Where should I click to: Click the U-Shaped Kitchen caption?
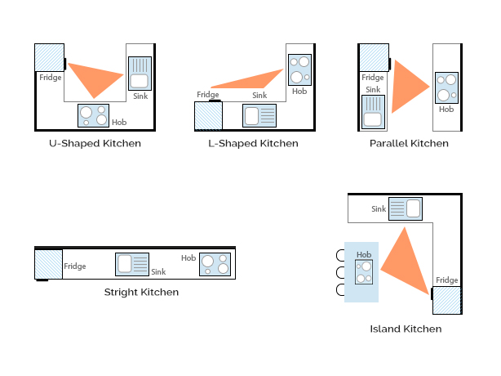(x=95, y=144)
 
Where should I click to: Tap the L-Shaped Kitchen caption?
(x=253, y=144)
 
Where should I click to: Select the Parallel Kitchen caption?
(x=408, y=144)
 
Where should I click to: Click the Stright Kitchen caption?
(x=141, y=292)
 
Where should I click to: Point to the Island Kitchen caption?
(x=405, y=329)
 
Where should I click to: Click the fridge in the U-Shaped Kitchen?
(x=49, y=57)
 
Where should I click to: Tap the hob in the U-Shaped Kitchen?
(x=93, y=116)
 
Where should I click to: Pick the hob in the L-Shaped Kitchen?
(x=299, y=70)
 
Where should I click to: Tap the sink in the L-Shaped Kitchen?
(x=259, y=115)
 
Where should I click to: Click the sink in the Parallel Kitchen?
(x=373, y=111)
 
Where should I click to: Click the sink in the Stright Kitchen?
(x=132, y=264)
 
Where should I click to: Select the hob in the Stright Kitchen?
(x=215, y=264)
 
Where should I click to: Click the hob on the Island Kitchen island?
(x=364, y=272)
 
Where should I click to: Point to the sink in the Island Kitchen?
(x=405, y=208)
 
